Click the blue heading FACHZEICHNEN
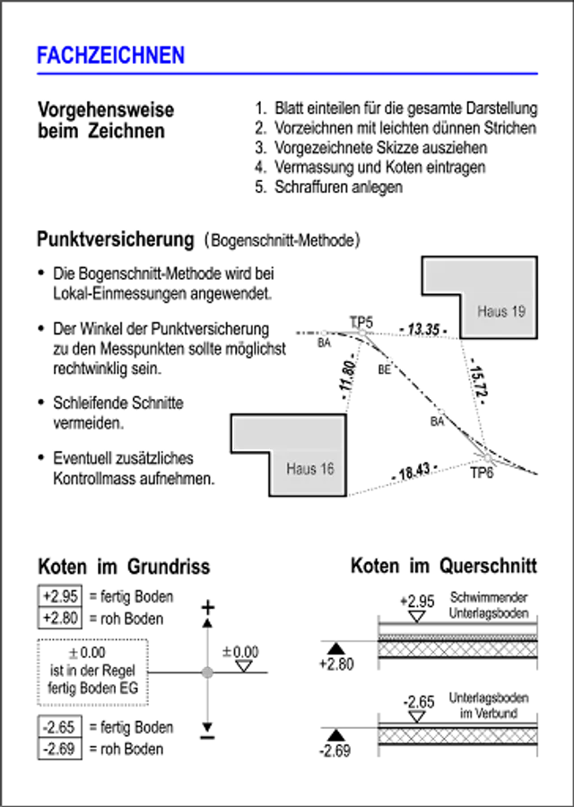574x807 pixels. [x=110, y=56]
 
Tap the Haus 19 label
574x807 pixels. [x=500, y=311]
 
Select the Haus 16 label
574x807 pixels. [x=310, y=469]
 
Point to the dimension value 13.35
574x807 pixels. [x=423, y=329]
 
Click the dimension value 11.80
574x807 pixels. [x=348, y=376]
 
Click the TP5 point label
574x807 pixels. [x=361, y=323]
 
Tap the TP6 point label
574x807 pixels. [x=482, y=473]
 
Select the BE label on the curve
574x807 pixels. [x=384, y=369]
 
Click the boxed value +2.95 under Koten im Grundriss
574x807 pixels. [x=60, y=596]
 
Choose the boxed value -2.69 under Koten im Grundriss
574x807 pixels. [x=59, y=749]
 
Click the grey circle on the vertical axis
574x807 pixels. [x=207, y=672]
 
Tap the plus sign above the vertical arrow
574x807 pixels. [x=207, y=608]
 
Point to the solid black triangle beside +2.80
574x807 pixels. [x=336, y=648]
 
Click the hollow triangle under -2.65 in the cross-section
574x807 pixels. [x=418, y=716]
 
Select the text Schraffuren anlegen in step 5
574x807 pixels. [x=338, y=187]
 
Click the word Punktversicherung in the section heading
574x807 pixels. [x=116, y=239]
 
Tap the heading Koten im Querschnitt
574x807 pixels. [x=444, y=566]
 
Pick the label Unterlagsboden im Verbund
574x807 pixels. [x=489, y=706]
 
